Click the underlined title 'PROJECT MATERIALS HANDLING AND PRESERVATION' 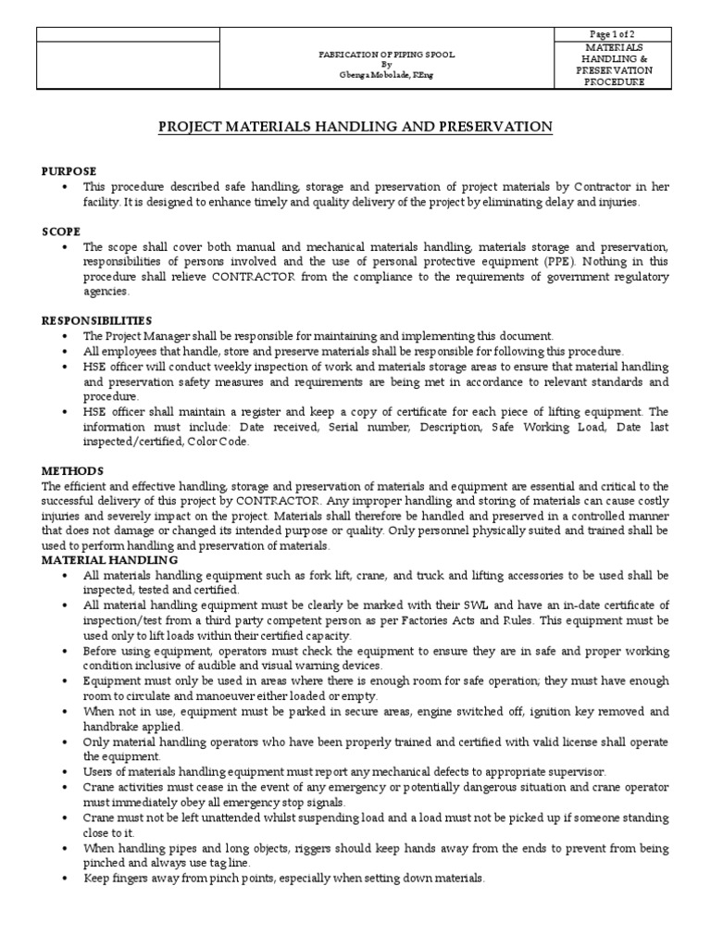[355, 126]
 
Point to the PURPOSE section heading [69, 172]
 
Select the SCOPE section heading [61, 231]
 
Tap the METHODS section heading [73, 471]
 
